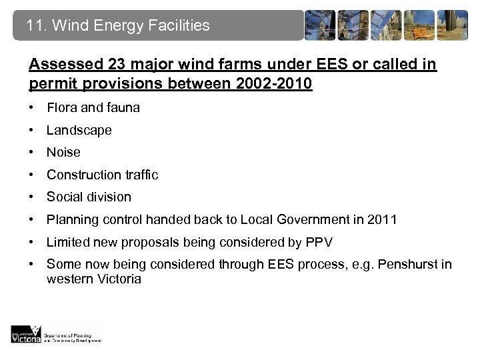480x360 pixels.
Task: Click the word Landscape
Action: [x=79, y=130]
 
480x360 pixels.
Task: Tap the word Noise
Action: [x=63, y=152]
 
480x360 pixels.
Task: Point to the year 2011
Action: [x=383, y=219]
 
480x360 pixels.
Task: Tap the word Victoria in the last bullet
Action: [x=118, y=279]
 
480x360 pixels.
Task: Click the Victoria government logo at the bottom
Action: [x=26, y=335]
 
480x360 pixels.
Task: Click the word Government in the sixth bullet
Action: [x=323, y=219]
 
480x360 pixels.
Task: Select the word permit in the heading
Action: [x=49, y=85]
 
